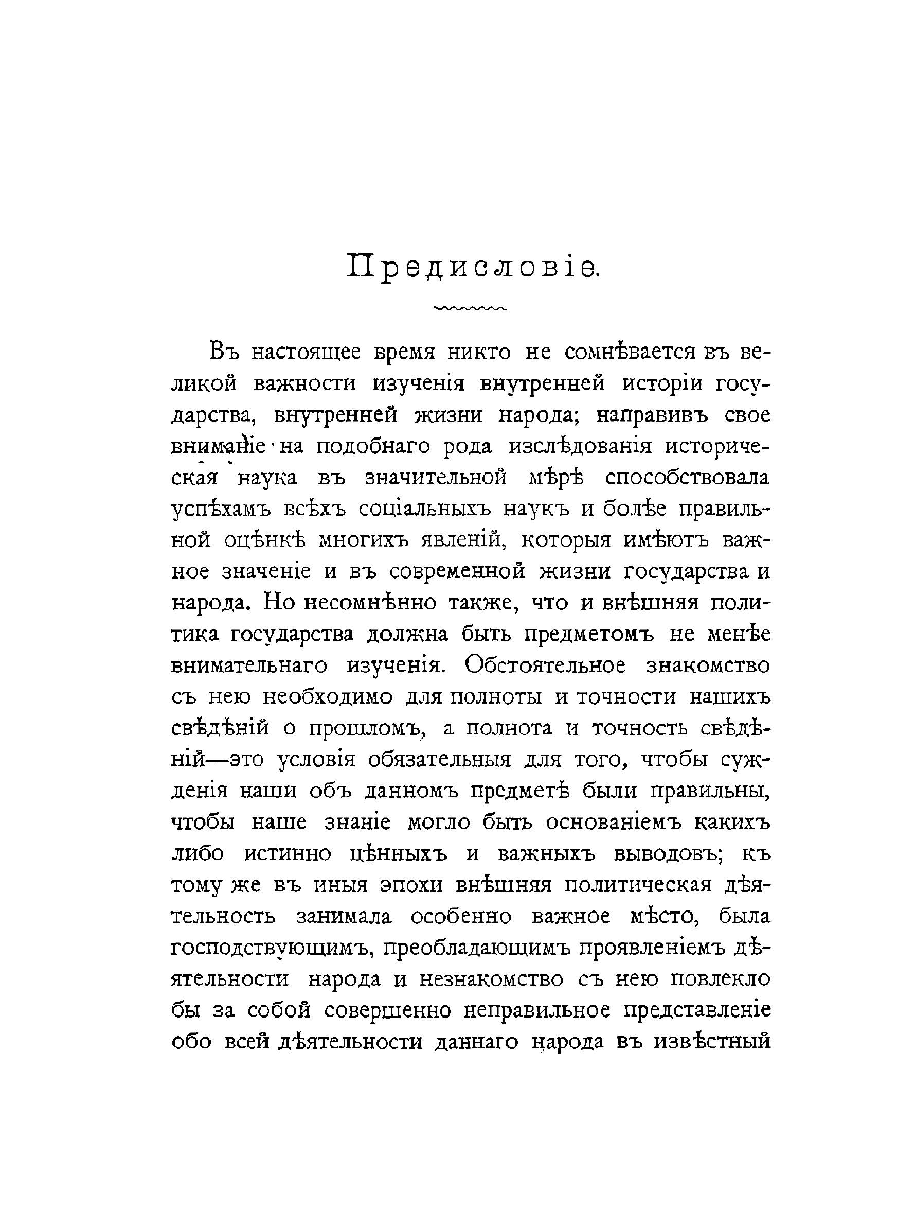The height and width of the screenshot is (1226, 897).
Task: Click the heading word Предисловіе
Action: (x=472, y=268)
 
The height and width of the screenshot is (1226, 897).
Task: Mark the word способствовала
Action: (x=687, y=478)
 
